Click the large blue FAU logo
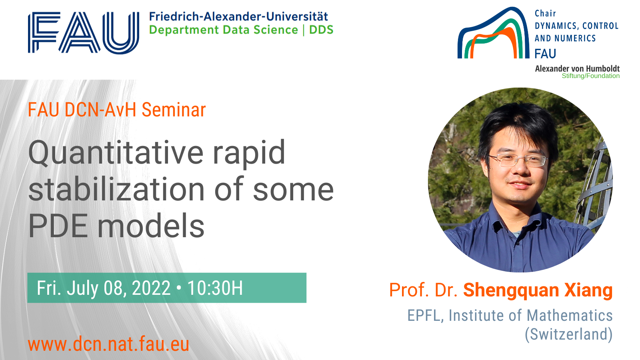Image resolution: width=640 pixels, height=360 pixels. [x=84, y=32]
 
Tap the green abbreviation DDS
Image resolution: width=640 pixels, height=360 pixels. [x=322, y=30]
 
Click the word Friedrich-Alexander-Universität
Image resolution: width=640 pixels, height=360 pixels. [x=238, y=16]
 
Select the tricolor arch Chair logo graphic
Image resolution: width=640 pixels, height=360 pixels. [x=494, y=33]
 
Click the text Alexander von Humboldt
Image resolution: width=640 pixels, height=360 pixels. [x=577, y=68]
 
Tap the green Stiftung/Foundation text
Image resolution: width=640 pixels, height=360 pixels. [x=590, y=76]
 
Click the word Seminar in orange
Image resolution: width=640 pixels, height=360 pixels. [x=174, y=110]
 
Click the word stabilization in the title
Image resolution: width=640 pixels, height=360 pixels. [x=116, y=189]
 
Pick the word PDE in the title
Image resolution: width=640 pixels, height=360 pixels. [x=58, y=226]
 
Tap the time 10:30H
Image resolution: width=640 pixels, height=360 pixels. [x=215, y=288]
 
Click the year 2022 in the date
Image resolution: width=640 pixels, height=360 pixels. [x=151, y=288]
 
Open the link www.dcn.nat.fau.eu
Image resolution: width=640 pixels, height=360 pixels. [x=108, y=344]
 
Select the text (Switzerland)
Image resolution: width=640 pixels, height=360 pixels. [x=568, y=334]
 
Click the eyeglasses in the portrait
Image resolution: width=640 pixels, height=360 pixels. [x=518, y=160]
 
